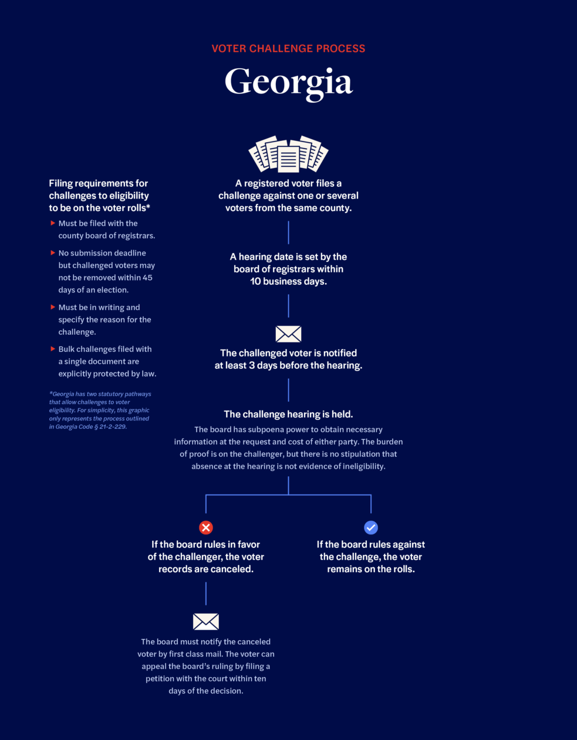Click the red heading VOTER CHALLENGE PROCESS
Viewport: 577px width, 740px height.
288,49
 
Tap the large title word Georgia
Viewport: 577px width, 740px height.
288,83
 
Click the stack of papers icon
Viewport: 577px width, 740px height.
288,154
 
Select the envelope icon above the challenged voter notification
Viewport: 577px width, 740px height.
288,334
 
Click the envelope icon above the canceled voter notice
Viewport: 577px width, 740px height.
206,621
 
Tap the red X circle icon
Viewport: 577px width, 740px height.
206,527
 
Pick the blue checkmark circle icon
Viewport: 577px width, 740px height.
371,527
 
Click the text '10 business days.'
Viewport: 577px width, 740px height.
288,281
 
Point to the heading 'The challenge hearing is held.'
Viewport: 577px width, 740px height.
288,414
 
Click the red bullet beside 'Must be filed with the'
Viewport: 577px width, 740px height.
53,223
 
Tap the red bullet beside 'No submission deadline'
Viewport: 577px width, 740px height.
53,253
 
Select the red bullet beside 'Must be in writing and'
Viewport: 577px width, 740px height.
53,307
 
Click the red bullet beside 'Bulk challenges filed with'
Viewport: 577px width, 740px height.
53,349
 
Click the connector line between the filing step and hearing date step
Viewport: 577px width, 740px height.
288,233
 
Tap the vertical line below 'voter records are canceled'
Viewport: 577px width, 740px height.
206,593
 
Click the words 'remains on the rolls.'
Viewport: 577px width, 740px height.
371,569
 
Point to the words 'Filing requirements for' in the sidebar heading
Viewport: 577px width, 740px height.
99,183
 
